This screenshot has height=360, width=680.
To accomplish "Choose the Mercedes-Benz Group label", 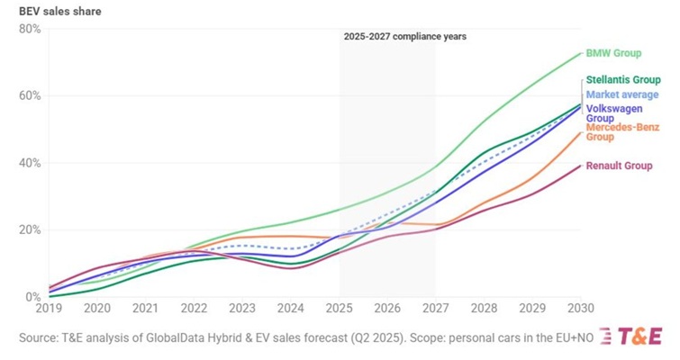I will (x=622, y=131).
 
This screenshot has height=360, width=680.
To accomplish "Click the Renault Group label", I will (x=619, y=166).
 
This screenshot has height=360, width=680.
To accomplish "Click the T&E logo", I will (x=640, y=336).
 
